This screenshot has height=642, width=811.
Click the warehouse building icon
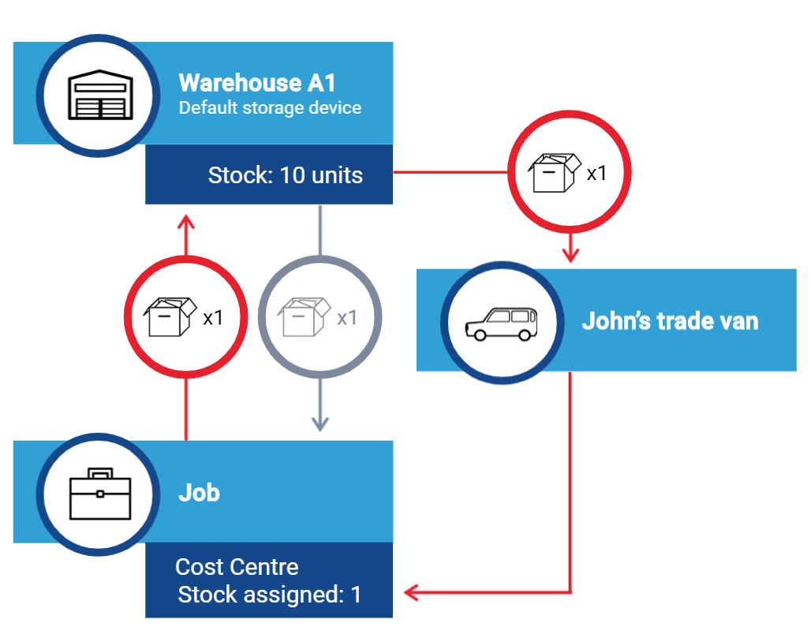(100, 95)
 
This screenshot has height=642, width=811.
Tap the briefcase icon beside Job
(100, 494)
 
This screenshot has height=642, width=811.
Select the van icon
(501, 324)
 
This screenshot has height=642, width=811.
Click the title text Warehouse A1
(257, 82)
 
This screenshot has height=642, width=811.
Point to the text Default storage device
(270, 107)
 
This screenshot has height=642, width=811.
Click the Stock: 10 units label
(285, 175)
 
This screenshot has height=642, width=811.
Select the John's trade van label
(671, 321)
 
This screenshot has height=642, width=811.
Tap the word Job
(199, 493)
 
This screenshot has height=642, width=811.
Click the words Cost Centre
(237, 567)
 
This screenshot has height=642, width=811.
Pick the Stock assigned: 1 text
(270, 595)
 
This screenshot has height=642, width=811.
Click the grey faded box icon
(305, 317)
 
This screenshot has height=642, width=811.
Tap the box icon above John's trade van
(555, 173)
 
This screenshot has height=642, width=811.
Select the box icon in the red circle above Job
(170, 317)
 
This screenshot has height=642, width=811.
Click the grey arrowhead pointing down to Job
(320, 424)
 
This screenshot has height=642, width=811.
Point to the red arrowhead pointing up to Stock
(186, 222)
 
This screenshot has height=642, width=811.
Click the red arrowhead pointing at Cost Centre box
(411, 592)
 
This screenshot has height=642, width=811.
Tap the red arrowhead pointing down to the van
(570, 255)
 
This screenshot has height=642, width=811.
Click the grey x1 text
(347, 318)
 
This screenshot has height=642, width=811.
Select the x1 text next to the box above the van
(596, 174)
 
